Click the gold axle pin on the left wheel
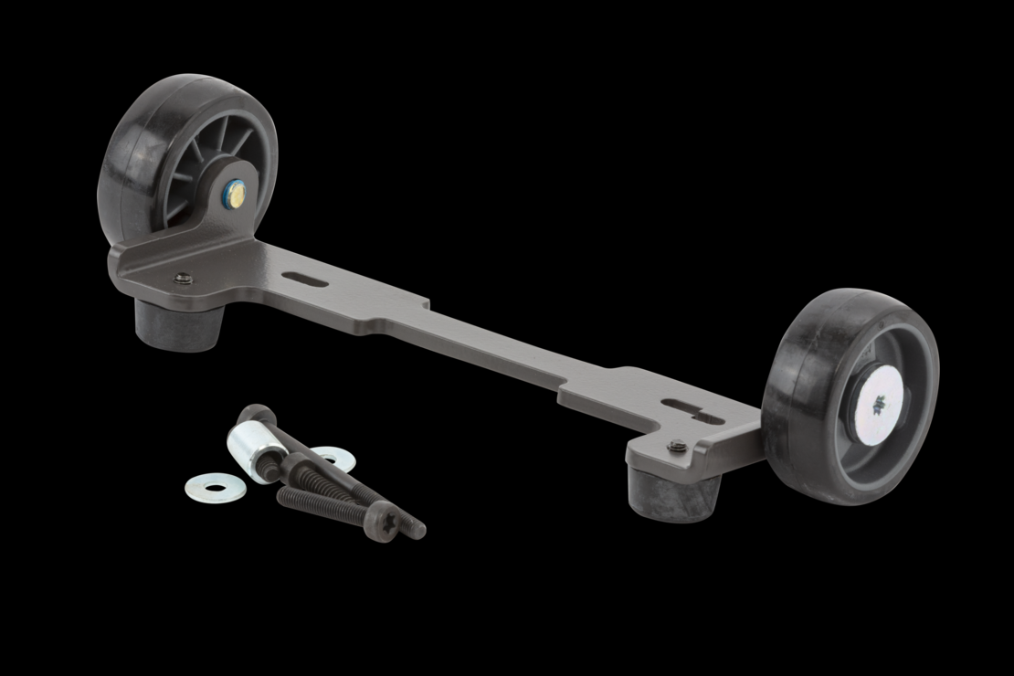234,193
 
